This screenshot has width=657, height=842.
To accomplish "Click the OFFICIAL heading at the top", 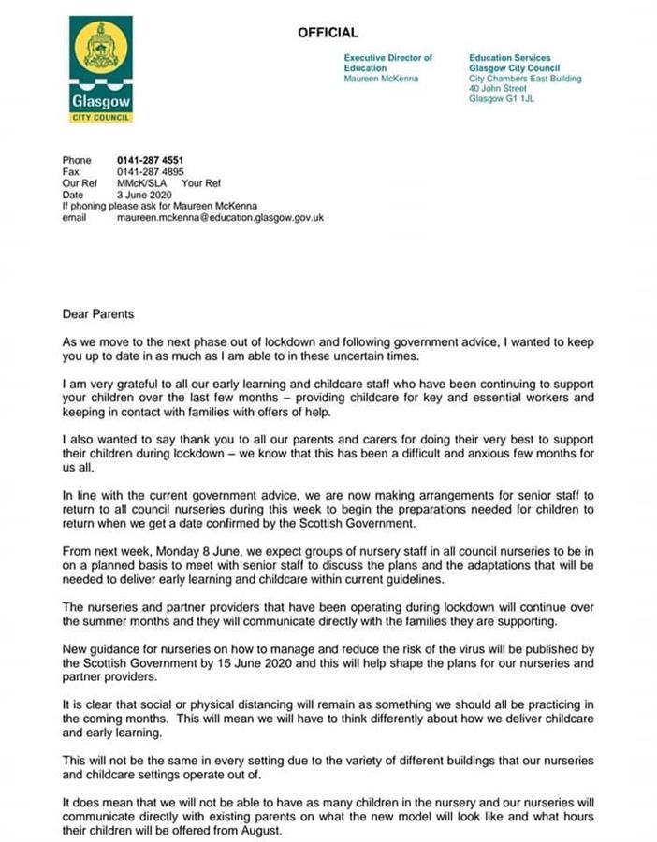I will tap(328, 33).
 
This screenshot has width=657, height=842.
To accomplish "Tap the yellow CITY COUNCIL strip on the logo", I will tap(101, 118).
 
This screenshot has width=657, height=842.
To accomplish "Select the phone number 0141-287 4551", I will tap(150, 161).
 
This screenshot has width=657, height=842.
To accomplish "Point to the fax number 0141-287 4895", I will tap(150, 172).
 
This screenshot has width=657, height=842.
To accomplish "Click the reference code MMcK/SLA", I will tap(139, 183).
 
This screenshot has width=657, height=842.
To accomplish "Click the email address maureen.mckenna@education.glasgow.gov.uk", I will tap(220, 217).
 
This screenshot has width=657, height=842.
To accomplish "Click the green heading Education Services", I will tap(510, 58).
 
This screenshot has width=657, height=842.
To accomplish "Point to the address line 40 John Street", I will tap(498, 89).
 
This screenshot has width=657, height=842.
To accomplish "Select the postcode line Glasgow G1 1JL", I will tap(502, 99).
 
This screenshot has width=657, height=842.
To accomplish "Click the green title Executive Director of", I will tap(388, 58).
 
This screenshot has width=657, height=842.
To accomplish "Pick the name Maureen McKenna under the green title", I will tap(381, 79).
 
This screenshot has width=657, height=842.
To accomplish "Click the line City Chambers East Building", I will tap(525, 79).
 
